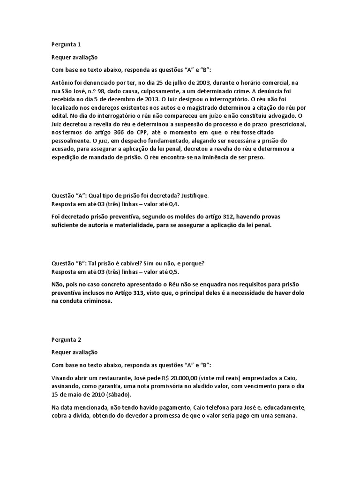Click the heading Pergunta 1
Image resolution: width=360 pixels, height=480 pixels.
(x=66, y=45)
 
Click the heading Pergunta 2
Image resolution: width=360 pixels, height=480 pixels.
(x=66, y=339)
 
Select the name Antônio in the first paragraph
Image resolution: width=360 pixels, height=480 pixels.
(x=63, y=82)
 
